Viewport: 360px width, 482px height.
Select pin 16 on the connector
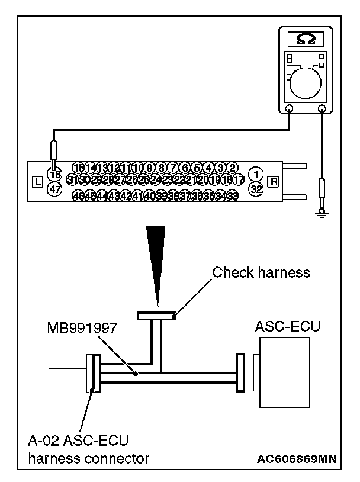[54, 175]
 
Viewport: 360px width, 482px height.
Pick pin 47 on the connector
[54, 189]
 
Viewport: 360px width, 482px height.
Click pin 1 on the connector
[256, 175]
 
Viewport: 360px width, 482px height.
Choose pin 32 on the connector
[256, 189]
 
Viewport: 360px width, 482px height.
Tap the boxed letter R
[273, 181]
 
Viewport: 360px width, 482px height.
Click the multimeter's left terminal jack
[290, 109]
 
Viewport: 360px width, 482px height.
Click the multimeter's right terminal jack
[323, 109]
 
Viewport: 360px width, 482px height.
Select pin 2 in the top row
[233, 168]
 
